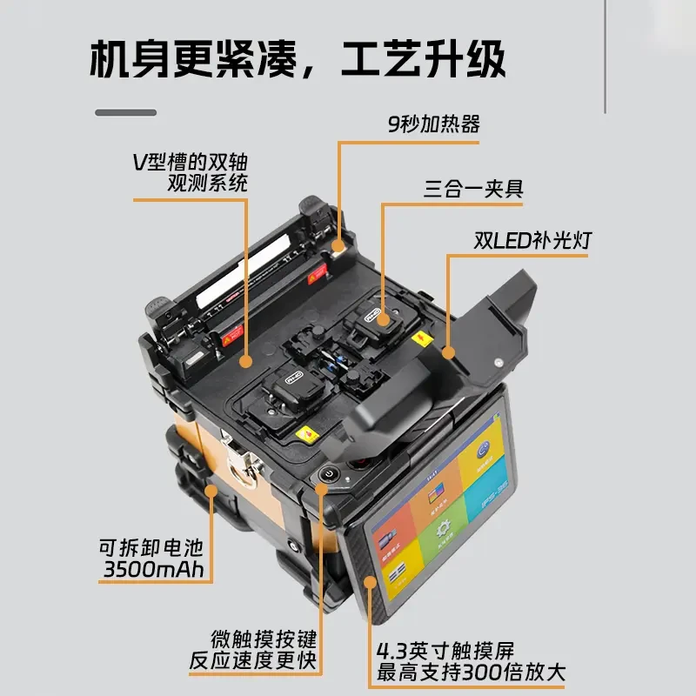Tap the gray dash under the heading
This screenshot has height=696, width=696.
125,113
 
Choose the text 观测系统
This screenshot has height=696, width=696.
207,183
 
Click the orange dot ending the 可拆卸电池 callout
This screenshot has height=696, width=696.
211,492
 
